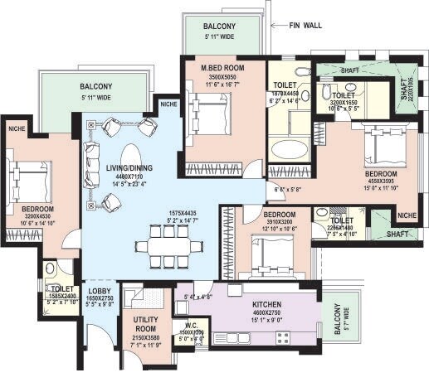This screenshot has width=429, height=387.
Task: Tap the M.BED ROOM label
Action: [x=221, y=66]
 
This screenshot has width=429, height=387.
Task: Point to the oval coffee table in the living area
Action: [x=130, y=157]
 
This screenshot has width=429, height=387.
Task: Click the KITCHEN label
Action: [x=269, y=304]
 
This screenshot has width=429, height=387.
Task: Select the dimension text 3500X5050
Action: [x=221, y=75]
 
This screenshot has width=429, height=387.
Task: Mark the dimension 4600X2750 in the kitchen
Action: [x=269, y=313]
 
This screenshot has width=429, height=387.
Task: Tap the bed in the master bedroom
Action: [x=208, y=114]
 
